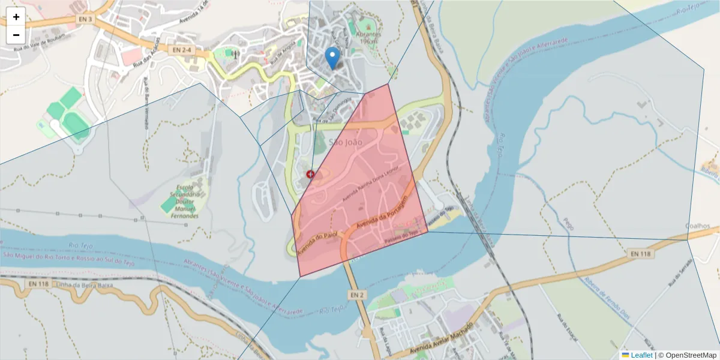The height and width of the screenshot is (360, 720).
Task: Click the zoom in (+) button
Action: pyautogui.click(x=16, y=17)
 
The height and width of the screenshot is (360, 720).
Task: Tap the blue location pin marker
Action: pyautogui.click(x=332, y=59)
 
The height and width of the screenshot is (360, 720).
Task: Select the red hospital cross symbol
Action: pyautogui.click(x=311, y=174)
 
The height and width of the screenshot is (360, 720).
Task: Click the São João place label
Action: pyautogui.click(x=346, y=142)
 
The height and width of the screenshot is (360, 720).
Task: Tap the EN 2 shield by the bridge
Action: pyautogui.click(x=356, y=295)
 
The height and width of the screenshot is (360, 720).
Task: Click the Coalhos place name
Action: pyautogui.click(x=698, y=226)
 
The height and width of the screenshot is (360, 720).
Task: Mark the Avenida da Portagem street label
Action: pyautogui.click(x=382, y=212)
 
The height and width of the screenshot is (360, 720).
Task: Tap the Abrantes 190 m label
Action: pyautogui.click(x=369, y=37)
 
